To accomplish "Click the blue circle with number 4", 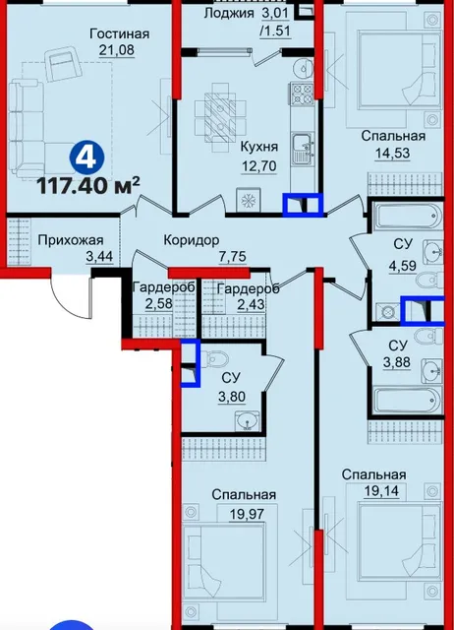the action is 87,157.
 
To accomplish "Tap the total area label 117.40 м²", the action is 88,186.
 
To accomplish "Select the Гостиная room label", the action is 120,34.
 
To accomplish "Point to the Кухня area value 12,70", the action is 258,165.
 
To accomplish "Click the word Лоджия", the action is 229,13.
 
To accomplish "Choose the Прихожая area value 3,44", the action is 99,256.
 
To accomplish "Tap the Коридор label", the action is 192,240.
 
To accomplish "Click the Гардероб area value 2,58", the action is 159,303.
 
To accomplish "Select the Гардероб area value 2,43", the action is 251,303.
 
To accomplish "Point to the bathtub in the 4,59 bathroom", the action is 407,216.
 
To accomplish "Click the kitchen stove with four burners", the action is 302,94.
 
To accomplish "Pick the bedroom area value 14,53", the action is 393,154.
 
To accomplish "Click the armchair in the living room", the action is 65,63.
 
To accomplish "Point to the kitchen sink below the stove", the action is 303,149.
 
